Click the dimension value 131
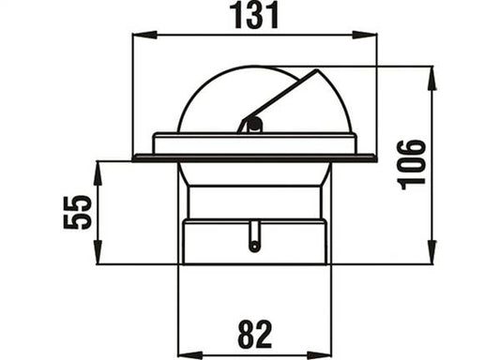coord(254,16)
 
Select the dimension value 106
coord(412,165)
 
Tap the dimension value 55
coord(78,212)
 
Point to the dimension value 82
coord(255,335)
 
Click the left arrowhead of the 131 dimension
coord(144,35)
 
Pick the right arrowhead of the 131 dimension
coord(365,35)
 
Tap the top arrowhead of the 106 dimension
coord(432,78)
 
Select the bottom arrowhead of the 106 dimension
coord(432,252)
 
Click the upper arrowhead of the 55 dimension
coord(98,173)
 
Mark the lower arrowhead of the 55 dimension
coord(98,252)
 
